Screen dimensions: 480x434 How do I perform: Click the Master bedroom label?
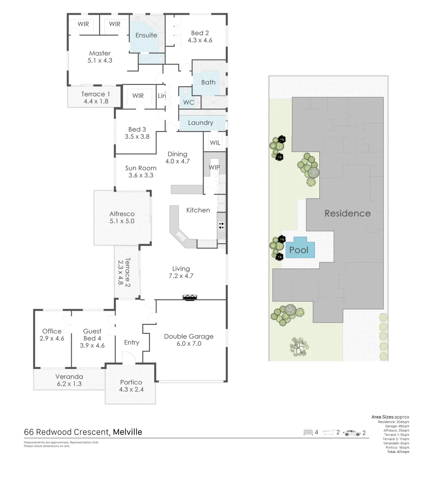[x=100, y=53]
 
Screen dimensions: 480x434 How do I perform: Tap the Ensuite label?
[x=146, y=35]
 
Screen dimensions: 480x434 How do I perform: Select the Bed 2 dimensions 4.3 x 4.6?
[x=200, y=40]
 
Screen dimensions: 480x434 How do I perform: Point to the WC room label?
[x=188, y=102]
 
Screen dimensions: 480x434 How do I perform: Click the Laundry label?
[x=200, y=123]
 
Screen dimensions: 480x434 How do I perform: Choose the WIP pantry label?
[x=214, y=168]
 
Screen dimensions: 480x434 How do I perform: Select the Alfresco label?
[x=122, y=214]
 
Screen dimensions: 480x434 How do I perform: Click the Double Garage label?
[x=189, y=336]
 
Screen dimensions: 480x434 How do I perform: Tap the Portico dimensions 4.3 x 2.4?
[x=131, y=389]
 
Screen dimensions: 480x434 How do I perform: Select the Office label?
[x=52, y=331]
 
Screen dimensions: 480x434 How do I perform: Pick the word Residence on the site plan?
[x=347, y=213]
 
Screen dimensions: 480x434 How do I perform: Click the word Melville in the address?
[x=128, y=432]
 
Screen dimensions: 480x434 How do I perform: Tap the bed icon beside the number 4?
[x=307, y=432]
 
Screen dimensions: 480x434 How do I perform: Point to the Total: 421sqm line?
[x=398, y=452]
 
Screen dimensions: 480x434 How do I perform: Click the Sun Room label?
[x=141, y=168]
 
